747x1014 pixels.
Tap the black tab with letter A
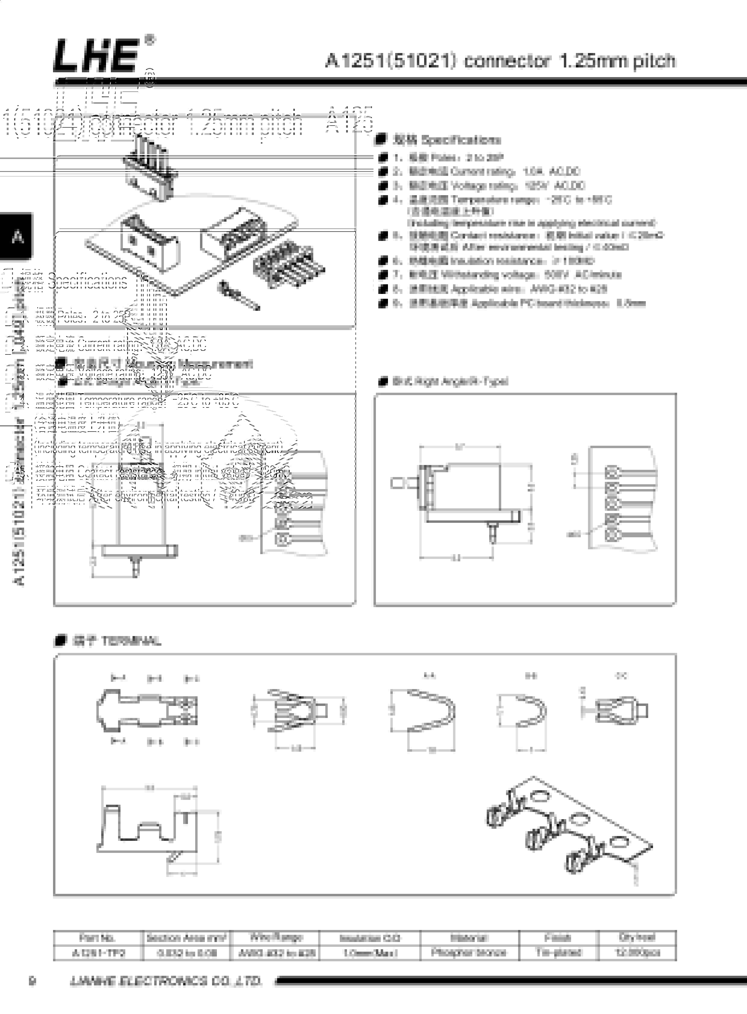[x=17, y=236]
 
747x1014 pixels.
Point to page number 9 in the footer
[x=32, y=981]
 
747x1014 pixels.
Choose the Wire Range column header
[x=276, y=937]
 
